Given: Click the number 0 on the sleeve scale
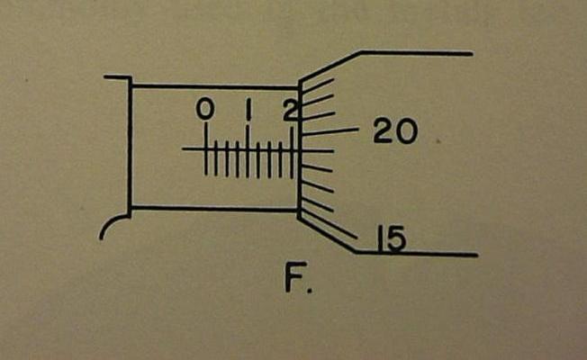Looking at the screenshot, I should click(205, 110).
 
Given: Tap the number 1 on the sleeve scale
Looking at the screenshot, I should click(248, 111).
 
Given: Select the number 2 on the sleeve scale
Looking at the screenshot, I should click(289, 111).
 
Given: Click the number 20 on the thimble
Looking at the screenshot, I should click(394, 132).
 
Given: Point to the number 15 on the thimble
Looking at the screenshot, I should click(390, 238).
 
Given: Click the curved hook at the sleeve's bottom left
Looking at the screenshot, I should click(113, 225).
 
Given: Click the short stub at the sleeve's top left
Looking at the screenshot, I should click(117, 77).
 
